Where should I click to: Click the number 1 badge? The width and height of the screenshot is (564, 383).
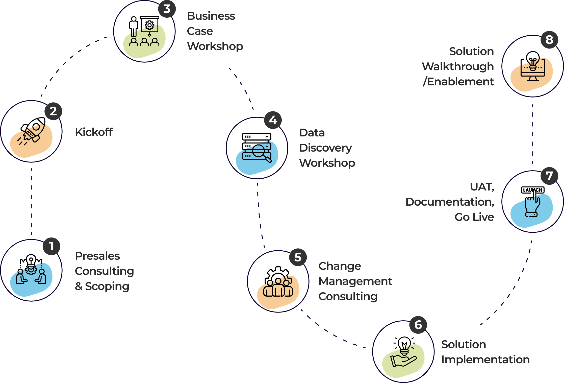click(52, 246)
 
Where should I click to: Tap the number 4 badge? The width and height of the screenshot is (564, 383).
click(273, 120)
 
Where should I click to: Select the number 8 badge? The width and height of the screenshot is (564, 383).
click(549, 40)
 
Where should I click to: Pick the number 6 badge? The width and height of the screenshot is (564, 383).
click(418, 325)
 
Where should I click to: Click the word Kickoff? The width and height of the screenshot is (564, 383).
click(94, 132)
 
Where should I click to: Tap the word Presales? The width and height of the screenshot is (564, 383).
click(97, 256)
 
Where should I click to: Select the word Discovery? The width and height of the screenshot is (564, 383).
click(325, 148)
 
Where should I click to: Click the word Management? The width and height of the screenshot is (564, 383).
click(355, 281)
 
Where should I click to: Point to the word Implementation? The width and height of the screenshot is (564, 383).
click(485, 360)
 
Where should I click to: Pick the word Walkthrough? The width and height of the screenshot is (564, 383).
click(458, 67)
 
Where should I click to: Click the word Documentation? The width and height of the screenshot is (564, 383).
click(450, 202)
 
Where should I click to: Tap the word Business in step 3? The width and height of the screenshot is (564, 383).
click(211, 16)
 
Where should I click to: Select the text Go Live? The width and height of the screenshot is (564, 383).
click(474, 217)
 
